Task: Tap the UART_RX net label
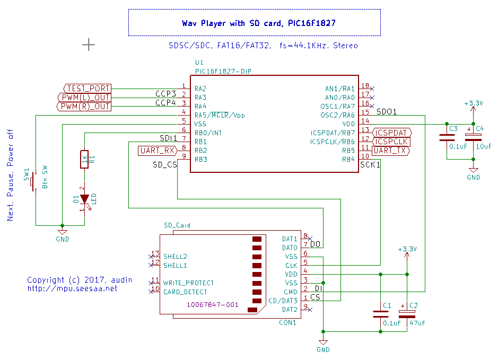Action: (158, 151)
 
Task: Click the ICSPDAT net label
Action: (392, 133)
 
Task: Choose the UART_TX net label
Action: (390, 151)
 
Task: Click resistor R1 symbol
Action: (84, 159)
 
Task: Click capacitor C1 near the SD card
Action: (381, 314)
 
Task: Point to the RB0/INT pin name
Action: (208, 133)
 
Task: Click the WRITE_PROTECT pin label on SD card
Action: (188, 283)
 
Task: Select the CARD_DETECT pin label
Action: (185, 292)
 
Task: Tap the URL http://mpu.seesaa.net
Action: (72, 288)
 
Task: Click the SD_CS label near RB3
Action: (164, 165)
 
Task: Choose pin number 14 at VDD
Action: (365, 121)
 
